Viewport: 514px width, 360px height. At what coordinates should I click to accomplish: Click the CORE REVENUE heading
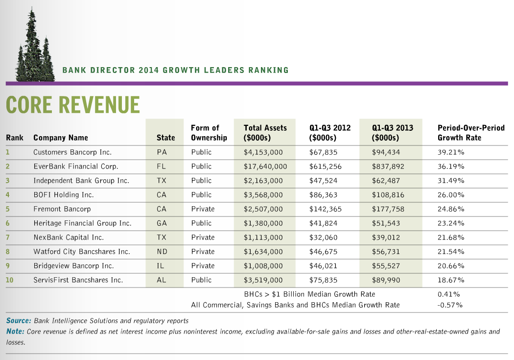[x=72, y=105]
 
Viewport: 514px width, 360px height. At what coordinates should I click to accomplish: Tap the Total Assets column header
[x=265, y=133]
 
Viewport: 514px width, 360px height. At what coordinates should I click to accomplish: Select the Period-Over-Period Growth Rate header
[x=470, y=133]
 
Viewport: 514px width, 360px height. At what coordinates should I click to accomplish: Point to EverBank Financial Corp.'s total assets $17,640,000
[x=265, y=167]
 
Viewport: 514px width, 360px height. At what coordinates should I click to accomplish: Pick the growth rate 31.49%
[x=451, y=181]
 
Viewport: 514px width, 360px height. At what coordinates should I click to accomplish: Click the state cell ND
[x=162, y=252]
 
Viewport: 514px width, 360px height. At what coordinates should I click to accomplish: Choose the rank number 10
[x=9, y=280]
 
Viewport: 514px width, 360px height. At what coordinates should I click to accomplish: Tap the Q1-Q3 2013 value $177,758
[x=386, y=209]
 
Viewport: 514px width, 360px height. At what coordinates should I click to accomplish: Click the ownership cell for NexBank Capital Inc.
[x=203, y=238]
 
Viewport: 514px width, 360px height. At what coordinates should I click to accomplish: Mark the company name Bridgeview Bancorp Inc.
[x=73, y=266]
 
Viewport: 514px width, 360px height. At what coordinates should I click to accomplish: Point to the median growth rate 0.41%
[x=448, y=294]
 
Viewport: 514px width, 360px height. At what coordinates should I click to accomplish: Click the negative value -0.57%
[x=449, y=305]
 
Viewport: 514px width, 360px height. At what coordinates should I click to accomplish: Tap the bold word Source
[x=19, y=321]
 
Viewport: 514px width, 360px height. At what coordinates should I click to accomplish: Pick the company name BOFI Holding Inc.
[x=63, y=195]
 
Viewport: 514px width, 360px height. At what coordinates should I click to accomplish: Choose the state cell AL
[x=162, y=280]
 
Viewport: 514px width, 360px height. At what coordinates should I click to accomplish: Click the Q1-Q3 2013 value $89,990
[x=386, y=280]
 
